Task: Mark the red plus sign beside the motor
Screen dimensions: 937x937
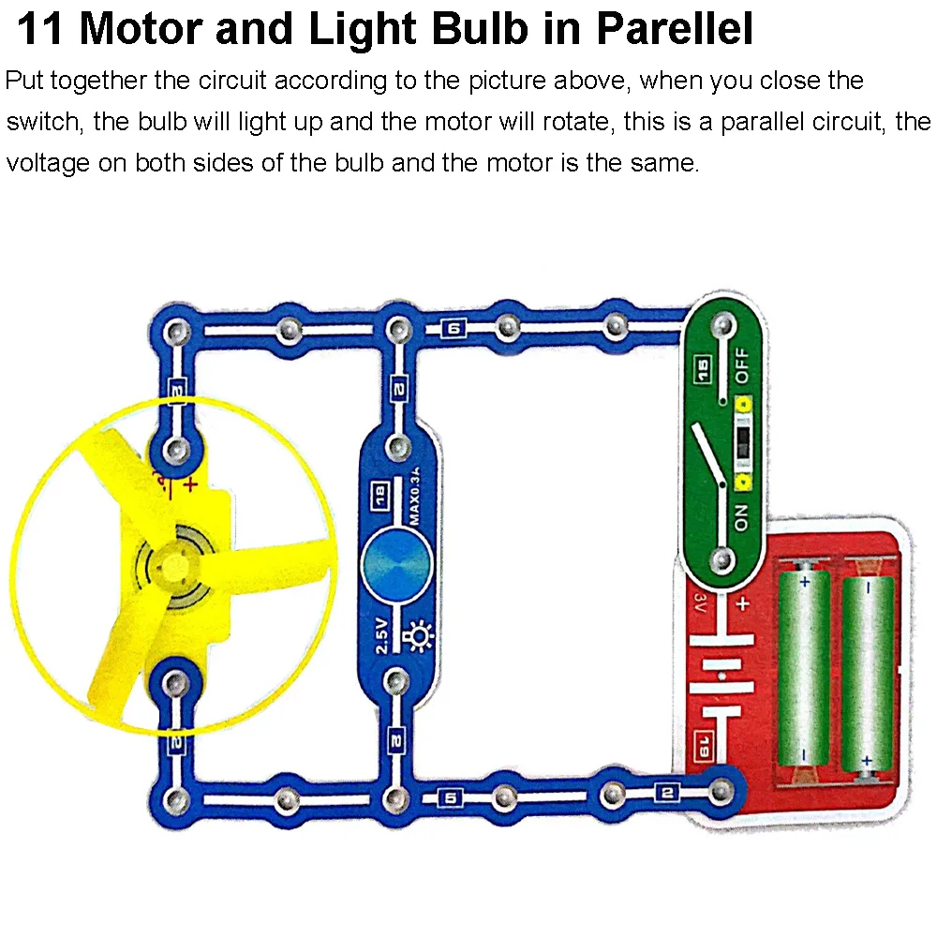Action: [190, 484]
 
